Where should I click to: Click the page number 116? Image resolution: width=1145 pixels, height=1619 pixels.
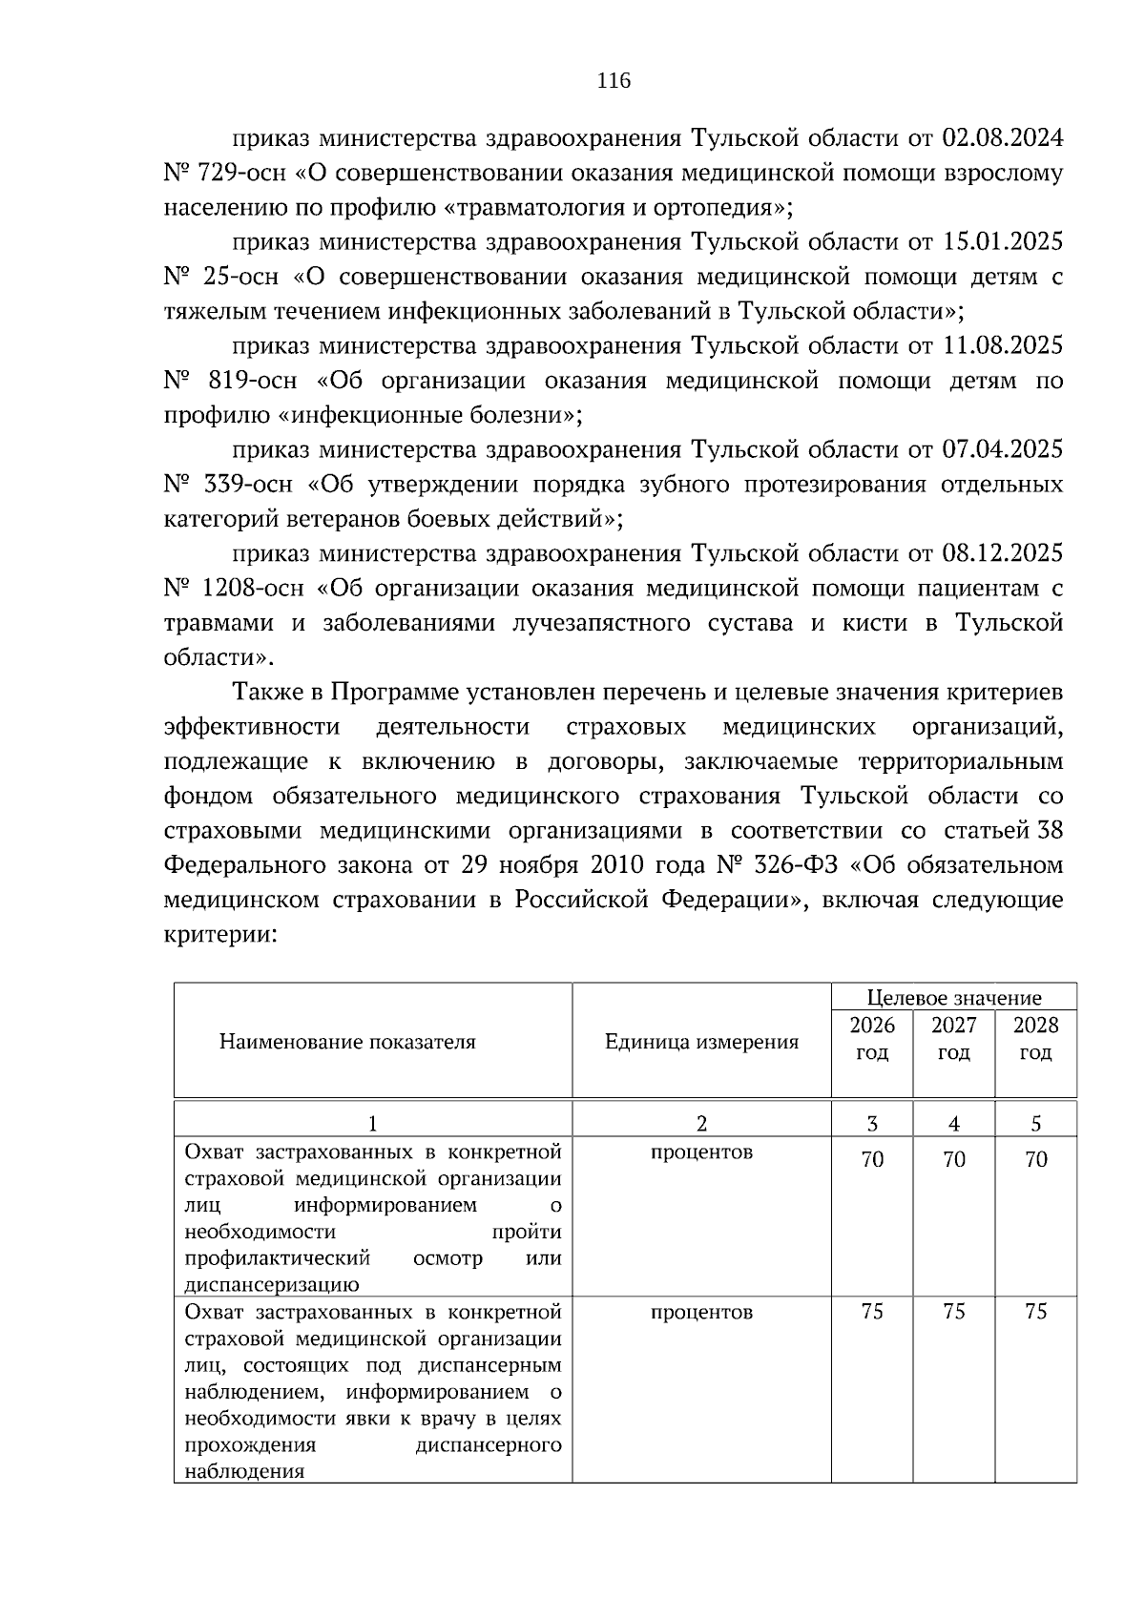614,81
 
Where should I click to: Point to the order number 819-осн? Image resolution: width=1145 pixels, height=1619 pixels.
252,381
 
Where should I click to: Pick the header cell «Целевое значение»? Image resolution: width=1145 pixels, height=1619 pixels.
953,998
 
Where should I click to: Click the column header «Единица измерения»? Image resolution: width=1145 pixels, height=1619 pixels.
701,1042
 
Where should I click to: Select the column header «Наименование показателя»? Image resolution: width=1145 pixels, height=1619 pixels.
347,1042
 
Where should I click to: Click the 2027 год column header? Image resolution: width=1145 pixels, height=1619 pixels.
953,1039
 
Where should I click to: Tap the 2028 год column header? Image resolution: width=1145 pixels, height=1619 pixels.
1035,1039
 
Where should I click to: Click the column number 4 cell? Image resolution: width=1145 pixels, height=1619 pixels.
953,1124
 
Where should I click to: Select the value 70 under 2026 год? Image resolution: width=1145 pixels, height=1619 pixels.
872,1159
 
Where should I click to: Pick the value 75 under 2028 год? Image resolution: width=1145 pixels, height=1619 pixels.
1035,1312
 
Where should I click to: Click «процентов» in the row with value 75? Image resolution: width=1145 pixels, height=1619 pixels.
701,1312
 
